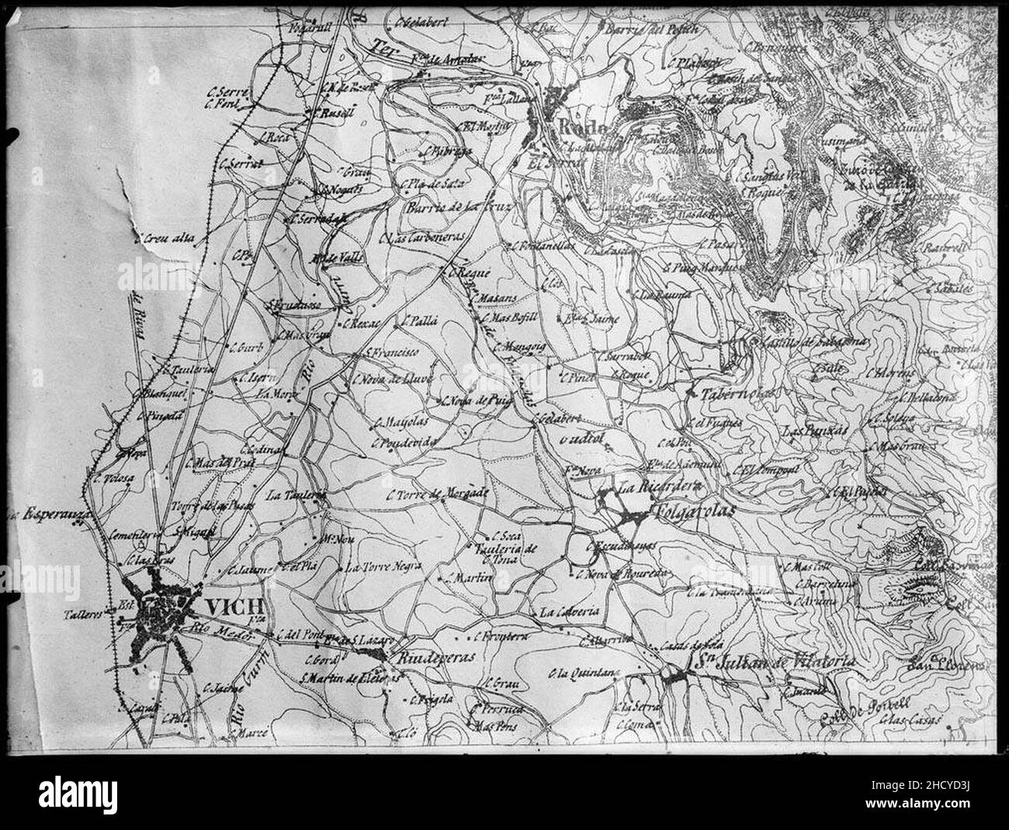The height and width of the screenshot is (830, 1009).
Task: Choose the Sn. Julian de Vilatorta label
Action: [773, 662]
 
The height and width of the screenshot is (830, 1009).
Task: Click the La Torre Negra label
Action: [383, 566]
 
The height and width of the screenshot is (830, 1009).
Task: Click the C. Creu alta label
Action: [166, 239]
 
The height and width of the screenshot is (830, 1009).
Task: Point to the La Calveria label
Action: [570, 610]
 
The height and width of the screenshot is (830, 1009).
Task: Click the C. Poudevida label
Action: [405, 441]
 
